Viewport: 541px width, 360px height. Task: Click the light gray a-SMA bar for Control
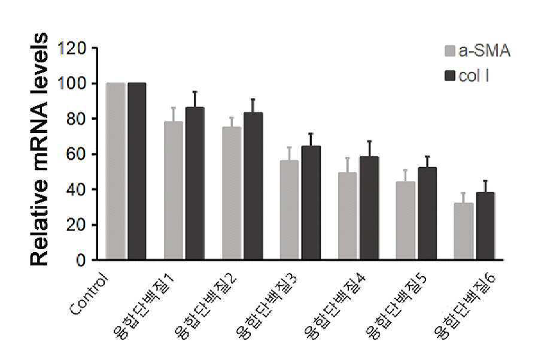(116, 171)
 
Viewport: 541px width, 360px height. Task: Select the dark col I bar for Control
(137, 171)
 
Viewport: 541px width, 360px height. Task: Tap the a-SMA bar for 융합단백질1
(173, 190)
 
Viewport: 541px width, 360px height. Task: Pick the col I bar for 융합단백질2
(254, 186)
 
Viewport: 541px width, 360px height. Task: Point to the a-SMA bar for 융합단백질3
(290, 210)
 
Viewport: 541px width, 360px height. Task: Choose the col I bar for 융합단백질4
(369, 208)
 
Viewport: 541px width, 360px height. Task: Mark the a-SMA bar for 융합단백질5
(405, 220)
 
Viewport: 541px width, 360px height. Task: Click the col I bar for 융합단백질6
(485, 226)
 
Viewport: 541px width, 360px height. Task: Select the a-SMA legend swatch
(450, 51)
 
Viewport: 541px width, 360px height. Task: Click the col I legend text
(474, 76)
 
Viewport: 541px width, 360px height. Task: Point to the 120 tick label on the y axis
(72, 49)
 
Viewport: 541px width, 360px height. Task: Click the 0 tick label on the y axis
(81, 260)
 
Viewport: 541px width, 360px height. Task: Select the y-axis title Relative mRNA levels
(39, 150)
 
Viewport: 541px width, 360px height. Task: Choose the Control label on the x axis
(89, 294)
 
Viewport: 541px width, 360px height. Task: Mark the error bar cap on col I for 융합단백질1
(195, 92)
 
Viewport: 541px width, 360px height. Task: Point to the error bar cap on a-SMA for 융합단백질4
(348, 158)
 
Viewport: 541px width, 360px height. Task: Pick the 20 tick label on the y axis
(76, 225)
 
